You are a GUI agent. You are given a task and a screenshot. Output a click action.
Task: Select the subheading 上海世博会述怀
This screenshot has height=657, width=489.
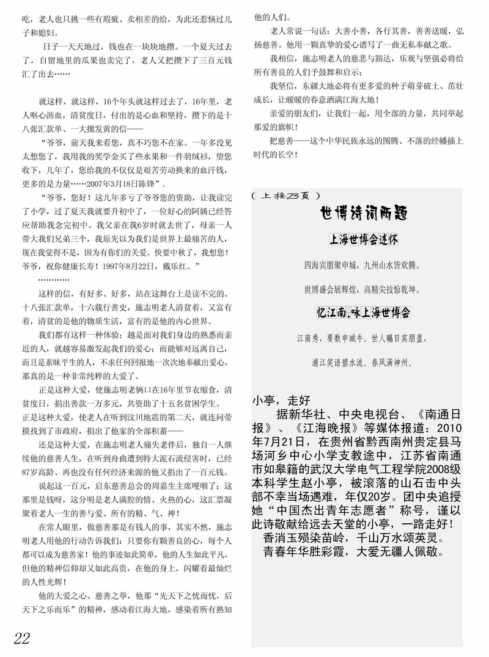[364, 240]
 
